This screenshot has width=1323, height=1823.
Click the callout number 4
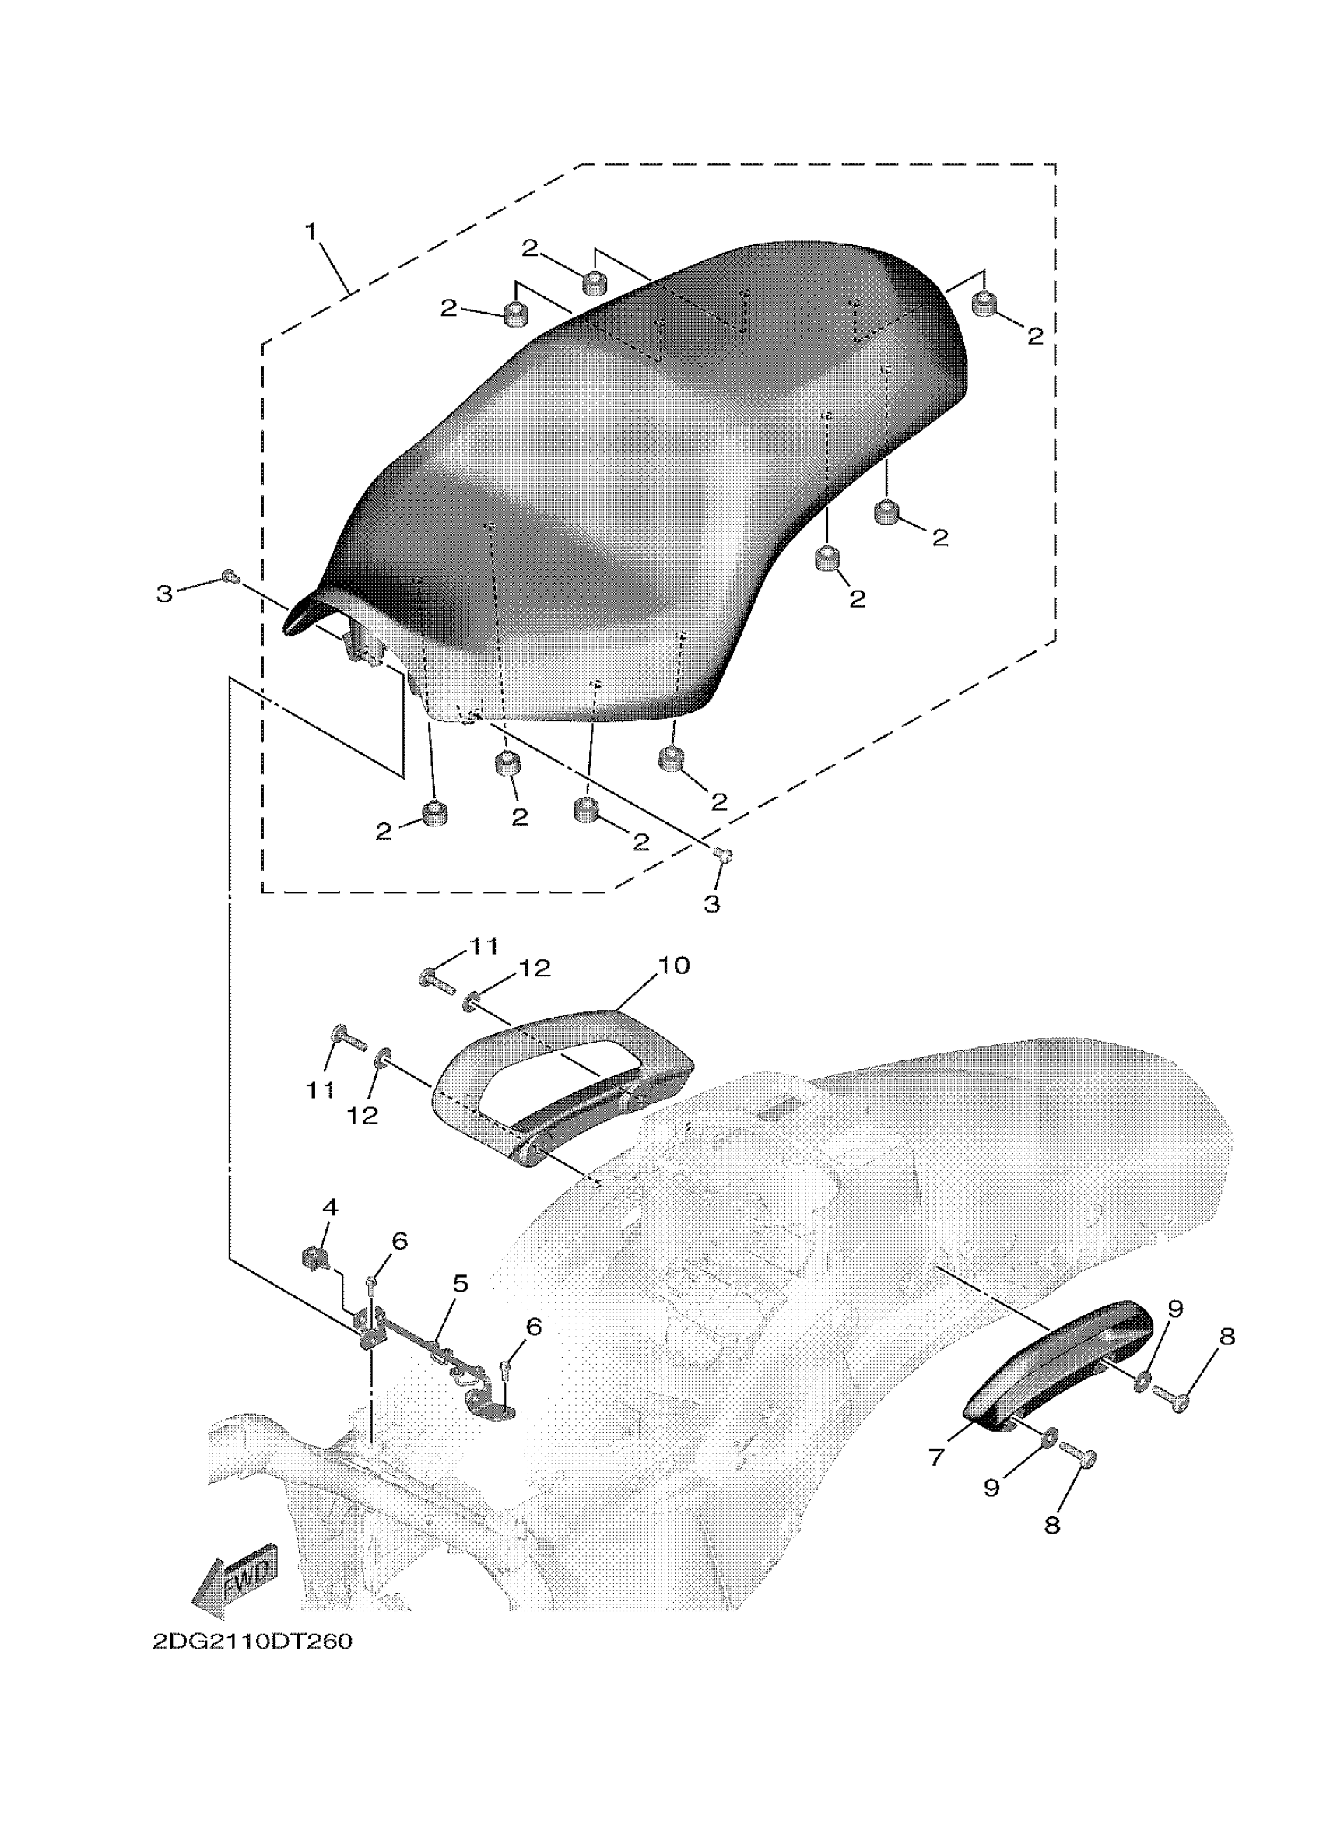coord(330,1229)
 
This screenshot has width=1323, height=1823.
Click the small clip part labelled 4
coord(314,1258)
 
